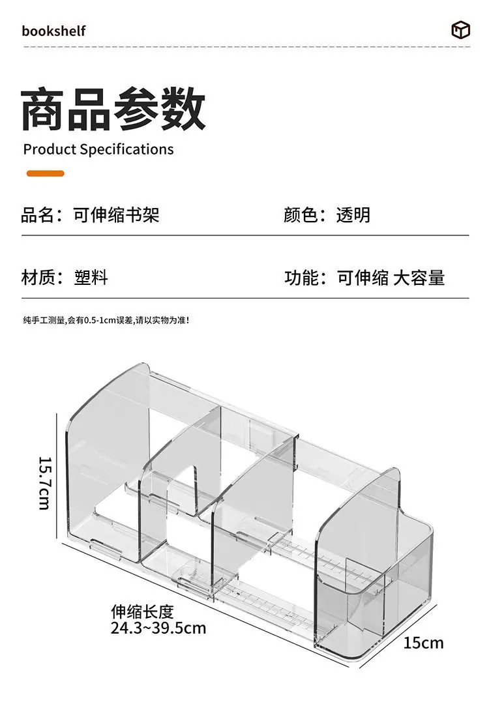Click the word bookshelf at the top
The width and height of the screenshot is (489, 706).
53,31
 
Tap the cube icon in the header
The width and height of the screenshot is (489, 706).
460,30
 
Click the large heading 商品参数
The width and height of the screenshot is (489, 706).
113,110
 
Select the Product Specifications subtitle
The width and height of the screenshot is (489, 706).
98,149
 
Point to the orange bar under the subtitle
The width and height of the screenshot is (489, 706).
46,173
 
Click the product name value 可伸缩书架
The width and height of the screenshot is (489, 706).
116,214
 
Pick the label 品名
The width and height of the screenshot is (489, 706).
38,214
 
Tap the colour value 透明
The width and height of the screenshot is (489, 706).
353,214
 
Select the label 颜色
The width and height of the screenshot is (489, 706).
301,214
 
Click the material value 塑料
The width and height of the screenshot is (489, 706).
91,277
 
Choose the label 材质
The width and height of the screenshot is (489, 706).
38,277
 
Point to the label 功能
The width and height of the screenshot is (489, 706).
301,278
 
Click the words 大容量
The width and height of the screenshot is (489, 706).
419,278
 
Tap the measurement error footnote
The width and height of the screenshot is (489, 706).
106,321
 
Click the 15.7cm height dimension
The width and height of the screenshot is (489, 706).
46,483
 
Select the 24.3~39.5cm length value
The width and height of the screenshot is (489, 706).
158,628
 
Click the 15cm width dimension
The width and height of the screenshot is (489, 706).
423,643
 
